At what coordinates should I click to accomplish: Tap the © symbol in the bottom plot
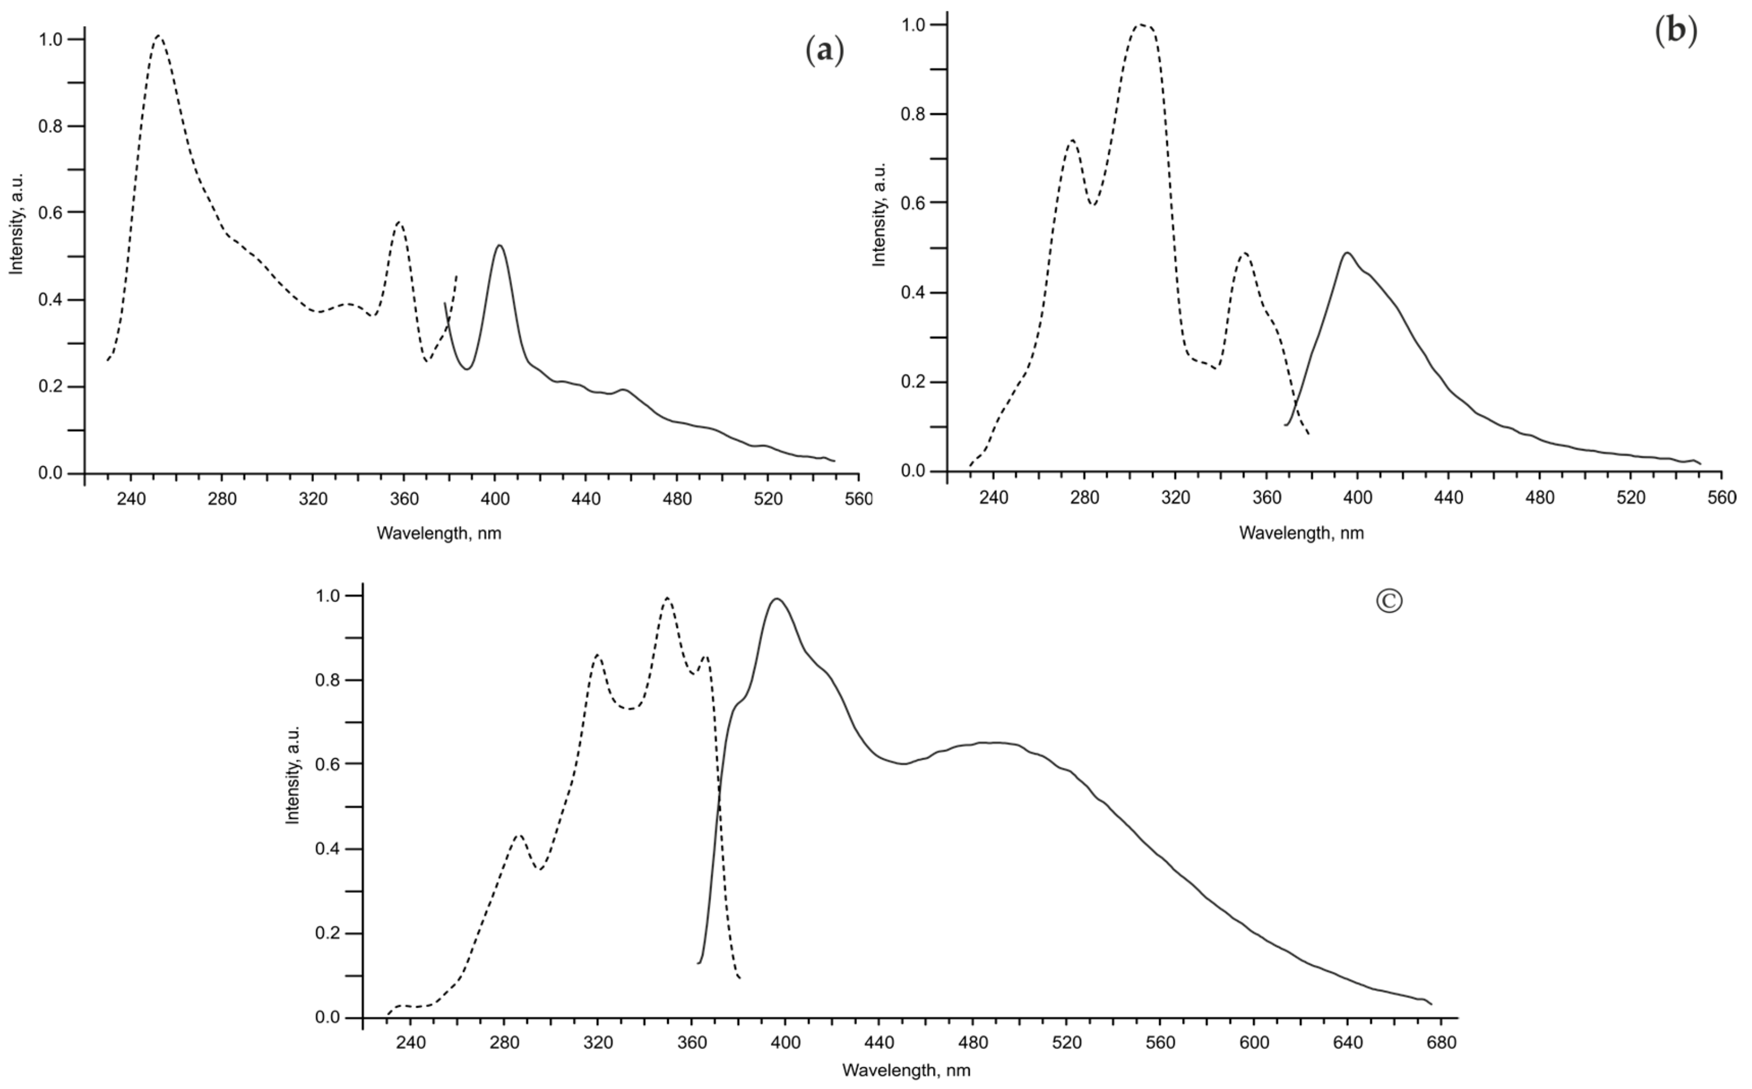[x=1389, y=601]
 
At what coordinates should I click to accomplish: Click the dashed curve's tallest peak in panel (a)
[x=158, y=36]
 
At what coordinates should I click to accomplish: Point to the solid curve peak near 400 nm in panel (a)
[x=499, y=246]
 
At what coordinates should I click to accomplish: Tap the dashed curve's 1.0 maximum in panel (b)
[x=1141, y=25]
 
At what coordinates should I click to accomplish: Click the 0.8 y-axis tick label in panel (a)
[x=50, y=126]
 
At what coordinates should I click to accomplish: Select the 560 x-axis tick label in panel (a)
[x=859, y=499]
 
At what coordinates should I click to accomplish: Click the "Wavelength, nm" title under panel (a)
[x=439, y=534]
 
